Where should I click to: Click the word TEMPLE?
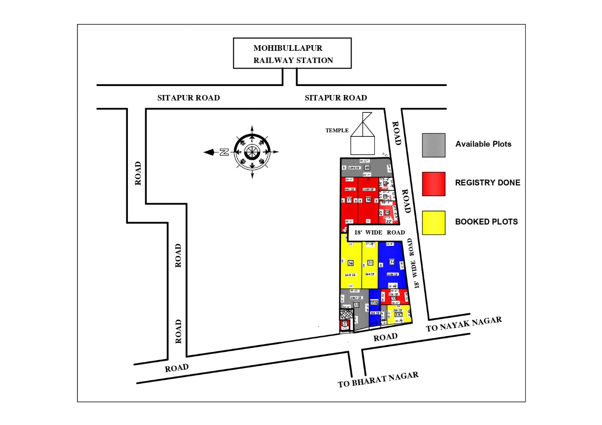(337, 130)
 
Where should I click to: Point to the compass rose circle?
(252, 152)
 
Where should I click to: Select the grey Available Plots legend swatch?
(434, 145)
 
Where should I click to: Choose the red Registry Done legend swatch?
(434, 183)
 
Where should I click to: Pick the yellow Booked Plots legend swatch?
(434, 222)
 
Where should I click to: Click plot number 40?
(367, 168)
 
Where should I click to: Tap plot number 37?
(349, 200)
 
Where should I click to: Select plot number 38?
(368, 200)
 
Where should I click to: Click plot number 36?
(350, 263)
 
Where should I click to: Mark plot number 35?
(371, 262)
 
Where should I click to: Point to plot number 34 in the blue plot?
(392, 262)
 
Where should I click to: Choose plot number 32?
(356, 305)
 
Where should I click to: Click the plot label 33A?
(374, 303)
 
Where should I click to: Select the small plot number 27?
(345, 323)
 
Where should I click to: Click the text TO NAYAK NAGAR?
(464, 324)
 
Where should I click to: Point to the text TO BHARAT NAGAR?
(378, 380)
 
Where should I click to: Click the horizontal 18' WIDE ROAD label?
(380, 233)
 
